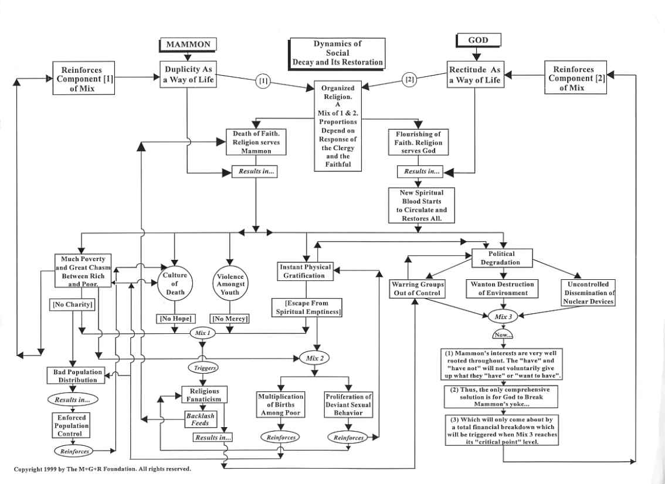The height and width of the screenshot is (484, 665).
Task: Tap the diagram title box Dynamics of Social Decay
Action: point(337,53)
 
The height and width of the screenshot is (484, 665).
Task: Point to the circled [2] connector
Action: point(410,79)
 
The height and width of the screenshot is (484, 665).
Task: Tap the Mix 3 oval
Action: point(501,316)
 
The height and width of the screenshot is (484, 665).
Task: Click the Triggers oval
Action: point(202,368)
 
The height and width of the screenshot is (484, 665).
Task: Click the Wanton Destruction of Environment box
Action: point(501,288)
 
